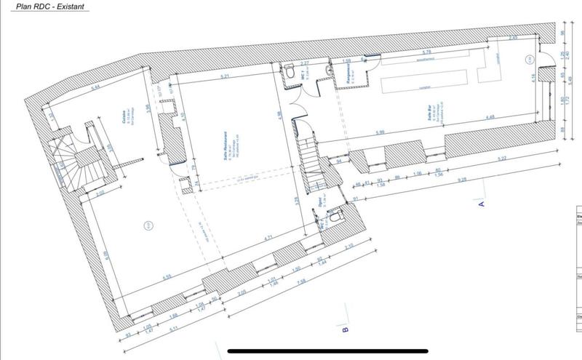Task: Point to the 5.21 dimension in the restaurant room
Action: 226,76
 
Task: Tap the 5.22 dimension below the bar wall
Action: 501,159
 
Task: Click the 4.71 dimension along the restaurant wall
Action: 268,236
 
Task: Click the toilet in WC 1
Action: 287,75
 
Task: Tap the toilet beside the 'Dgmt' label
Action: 334,216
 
